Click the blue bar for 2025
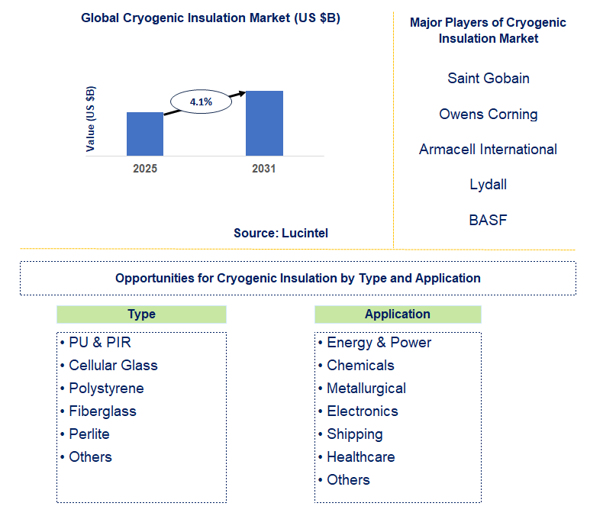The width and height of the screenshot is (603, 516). (x=145, y=134)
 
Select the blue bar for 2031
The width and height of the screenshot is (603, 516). (x=264, y=123)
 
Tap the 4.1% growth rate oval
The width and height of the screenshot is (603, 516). (x=200, y=102)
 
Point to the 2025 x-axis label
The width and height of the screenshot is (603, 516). (x=145, y=169)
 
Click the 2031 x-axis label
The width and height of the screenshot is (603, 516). (x=264, y=169)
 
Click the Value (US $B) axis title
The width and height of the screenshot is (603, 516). (x=92, y=118)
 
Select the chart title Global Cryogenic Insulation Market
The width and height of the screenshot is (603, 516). (x=211, y=18)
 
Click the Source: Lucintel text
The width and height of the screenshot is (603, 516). (x=281, y=234)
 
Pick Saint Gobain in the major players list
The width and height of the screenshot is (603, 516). (x=489, y=79)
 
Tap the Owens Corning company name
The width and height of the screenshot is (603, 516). (x=489, y=114)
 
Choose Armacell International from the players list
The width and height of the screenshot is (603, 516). (x=489, y=150)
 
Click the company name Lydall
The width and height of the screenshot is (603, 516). (x=489, y=185)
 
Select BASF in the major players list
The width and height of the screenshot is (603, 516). (x=489, y=221)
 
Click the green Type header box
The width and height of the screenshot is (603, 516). (x=141, y=314)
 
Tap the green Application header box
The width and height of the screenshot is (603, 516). (x=398, y=314)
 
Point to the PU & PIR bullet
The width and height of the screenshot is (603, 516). (x=100, y=343)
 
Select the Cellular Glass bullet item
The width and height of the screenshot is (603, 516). (x=113, y=366)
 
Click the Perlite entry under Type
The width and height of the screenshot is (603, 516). (x=89, y=434)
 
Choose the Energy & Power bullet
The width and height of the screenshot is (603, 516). (x=379, y=343)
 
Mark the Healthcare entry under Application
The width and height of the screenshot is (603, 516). (x=360, y=457)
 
